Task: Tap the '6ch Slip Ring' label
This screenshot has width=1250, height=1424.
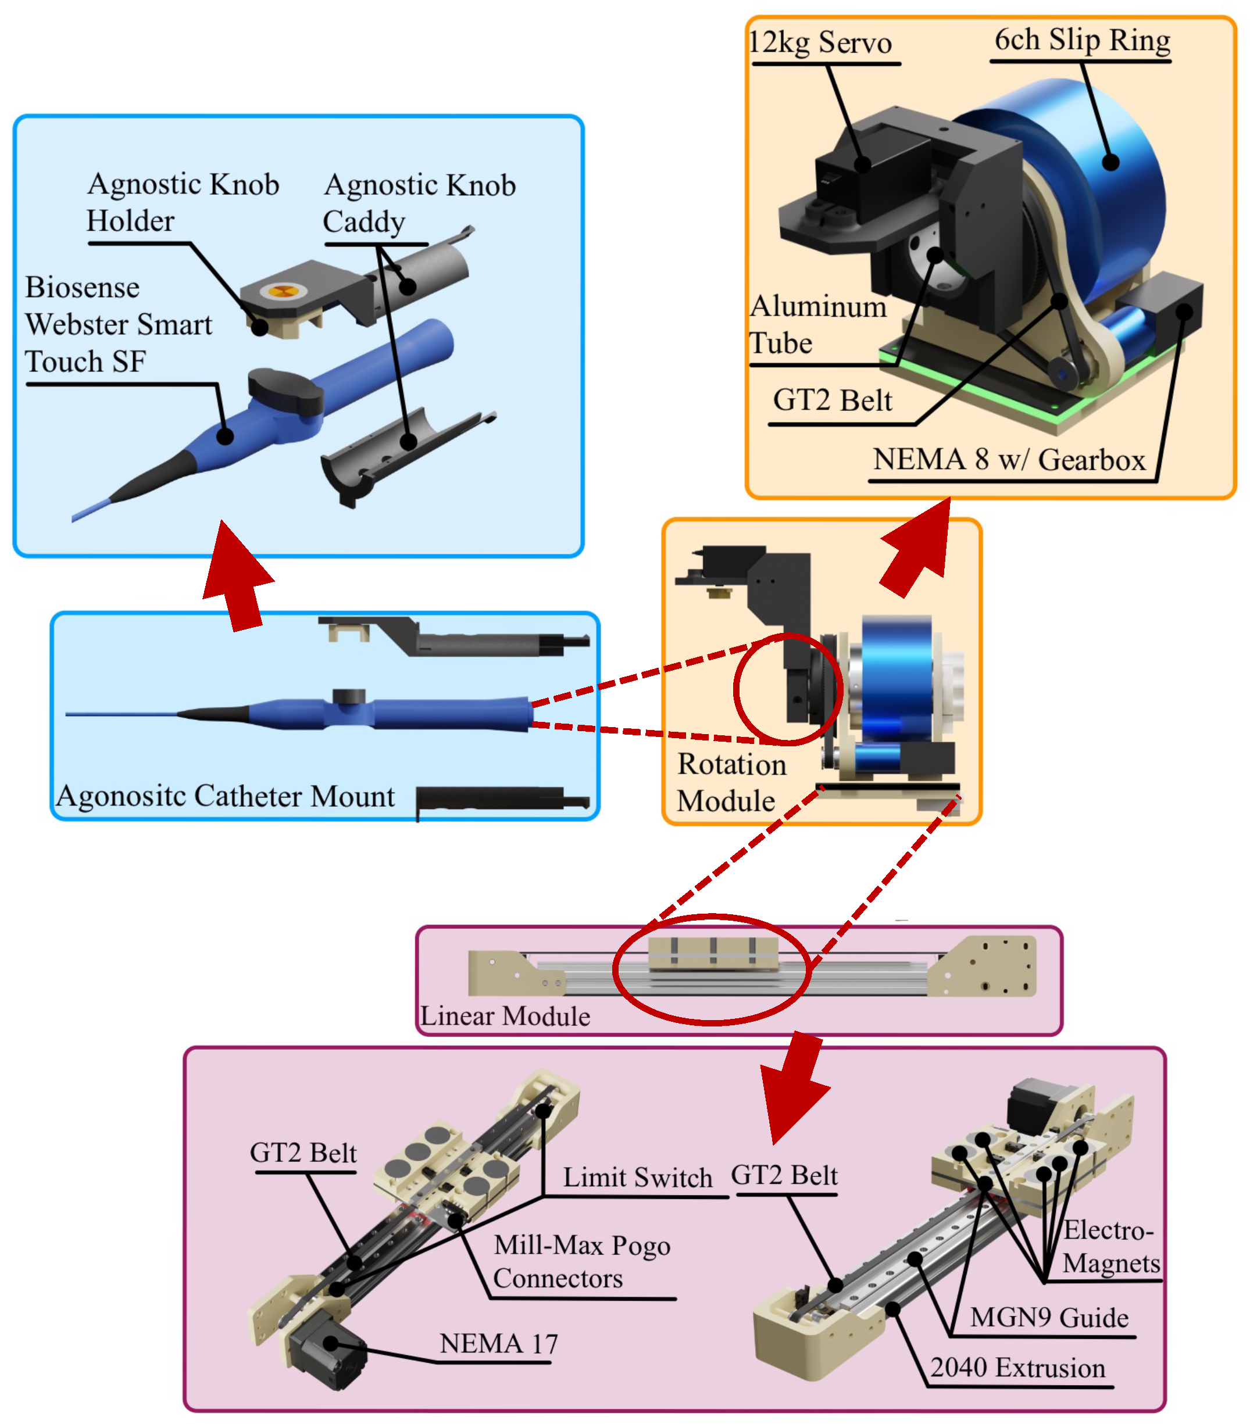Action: (1081, 41)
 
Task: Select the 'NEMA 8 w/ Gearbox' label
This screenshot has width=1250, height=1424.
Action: (1009, 460)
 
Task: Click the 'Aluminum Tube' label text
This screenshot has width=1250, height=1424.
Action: (817, 325)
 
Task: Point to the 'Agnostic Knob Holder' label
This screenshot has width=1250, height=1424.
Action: (183, 202)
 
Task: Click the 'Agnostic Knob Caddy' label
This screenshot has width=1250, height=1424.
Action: (419, 203)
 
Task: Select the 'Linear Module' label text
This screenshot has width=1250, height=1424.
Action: (505, 1017)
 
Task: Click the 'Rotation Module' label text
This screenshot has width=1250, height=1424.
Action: (731, 782)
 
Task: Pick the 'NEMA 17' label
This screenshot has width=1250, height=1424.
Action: (498, 1344)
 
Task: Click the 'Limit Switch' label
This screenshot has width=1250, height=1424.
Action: (638, 1178)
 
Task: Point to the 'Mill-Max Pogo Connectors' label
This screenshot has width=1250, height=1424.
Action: (581, 1262)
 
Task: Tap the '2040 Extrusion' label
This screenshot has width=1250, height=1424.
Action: (1017, 1368)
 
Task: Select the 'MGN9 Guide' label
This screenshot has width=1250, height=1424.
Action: (1049, 1318)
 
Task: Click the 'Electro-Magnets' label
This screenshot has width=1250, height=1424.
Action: (1110, 1246)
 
